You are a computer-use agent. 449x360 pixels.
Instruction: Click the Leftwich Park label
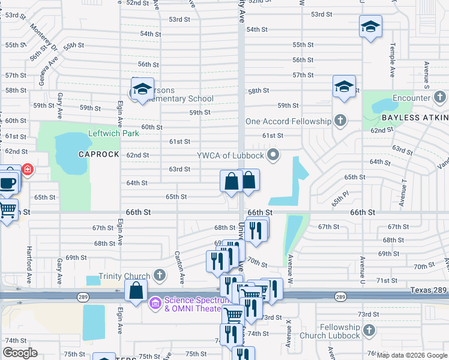pyautogui.click(x=113, y=133)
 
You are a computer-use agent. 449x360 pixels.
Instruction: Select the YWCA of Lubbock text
pyautogui.click(x=230, y=156)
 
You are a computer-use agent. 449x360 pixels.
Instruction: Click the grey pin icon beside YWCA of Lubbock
pyautogui.click(x=274, y=156)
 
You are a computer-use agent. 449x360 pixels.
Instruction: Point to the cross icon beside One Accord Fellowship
pyautogui.click(x=340, y=121)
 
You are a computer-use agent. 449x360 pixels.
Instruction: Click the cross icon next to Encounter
pyautogui.click(x=440, y=97)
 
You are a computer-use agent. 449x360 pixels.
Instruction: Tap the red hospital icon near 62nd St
pyautogui.click(x=28, y=170)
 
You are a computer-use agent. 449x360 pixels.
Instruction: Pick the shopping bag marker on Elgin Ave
pyautogui.click(x=136, y=290)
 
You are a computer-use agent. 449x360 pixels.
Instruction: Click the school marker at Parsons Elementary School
pyautogui.click(x=142, y=89)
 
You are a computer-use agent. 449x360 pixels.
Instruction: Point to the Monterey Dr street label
pyautogui.click(x=44, y=40)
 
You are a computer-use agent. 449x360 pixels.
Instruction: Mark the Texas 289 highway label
pyautogui.click(x=429, y=290)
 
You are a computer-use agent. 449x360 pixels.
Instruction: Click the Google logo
pyautogui.click(x=20, y=353)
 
